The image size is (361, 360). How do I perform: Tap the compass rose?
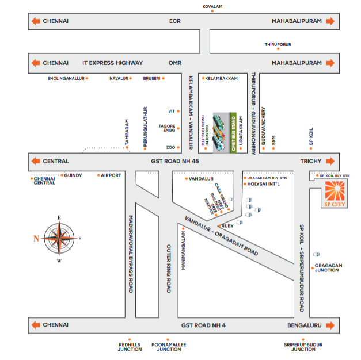coord(59,238)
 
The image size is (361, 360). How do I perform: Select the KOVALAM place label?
coord(212,6)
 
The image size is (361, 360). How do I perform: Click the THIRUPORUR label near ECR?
coord(278,44)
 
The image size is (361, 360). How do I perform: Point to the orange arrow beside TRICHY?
coord(330,161)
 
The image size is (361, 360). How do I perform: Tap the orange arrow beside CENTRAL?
coord(36,161)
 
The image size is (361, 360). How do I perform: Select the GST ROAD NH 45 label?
coord(175,162)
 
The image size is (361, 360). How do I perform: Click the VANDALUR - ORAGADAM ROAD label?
coord(221,235)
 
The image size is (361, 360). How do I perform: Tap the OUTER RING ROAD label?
coord(169,267)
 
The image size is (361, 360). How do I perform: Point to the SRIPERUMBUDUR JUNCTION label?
coord(303,347)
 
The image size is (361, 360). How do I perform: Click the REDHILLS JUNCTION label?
coord(130,347)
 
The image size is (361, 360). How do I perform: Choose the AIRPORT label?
coord(111,175)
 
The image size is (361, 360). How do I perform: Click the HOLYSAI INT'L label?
coord(263,185)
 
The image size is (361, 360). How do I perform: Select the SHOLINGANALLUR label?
coord(66,78)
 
